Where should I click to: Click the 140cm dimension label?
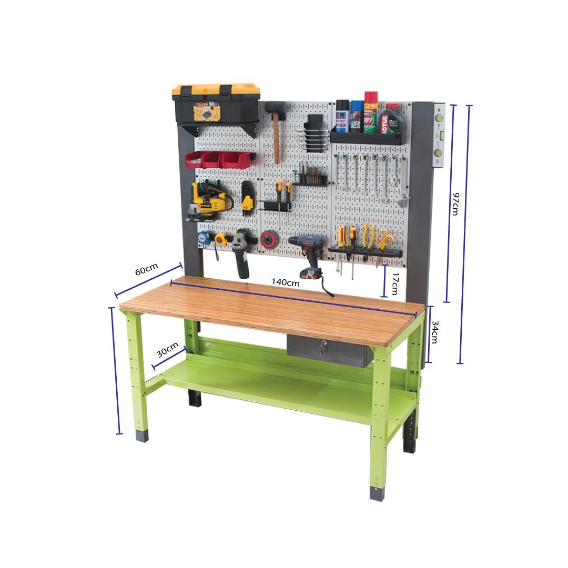(286, 282)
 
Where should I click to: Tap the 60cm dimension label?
(146, 270)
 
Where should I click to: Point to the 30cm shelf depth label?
(167, 349)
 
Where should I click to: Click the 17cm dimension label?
(394, 285)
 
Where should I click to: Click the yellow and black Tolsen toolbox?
(216, 104)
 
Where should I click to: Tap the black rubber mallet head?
(276, 109)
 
